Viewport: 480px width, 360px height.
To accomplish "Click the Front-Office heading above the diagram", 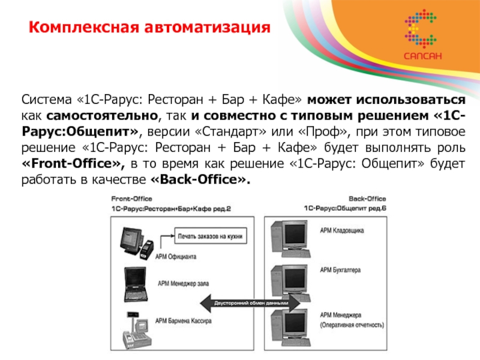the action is [x=128, y=198].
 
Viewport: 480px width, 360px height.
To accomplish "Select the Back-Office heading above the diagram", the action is [x=367, y=198].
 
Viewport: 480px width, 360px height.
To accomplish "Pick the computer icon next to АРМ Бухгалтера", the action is [x=292, y=276].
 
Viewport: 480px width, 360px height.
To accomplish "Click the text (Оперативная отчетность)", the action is [x=352, y=325].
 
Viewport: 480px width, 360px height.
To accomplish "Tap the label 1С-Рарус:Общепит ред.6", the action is [x=344, y=208].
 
